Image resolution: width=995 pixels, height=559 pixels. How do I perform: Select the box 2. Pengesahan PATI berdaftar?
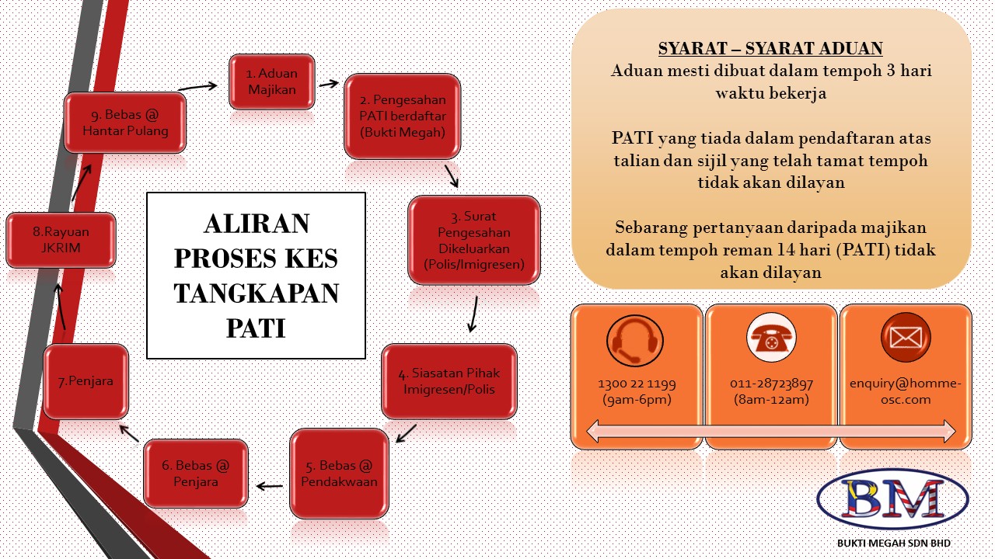coord(402,116)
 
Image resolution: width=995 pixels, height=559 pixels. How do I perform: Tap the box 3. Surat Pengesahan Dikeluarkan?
coord(474,240)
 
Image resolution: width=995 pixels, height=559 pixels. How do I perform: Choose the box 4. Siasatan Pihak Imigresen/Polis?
coord(449,381)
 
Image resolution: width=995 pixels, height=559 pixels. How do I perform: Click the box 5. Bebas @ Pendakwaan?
coord(339,474)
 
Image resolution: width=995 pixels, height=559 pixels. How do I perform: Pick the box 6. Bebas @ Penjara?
coord(196,474)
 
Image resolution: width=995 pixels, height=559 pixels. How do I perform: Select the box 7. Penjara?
coord(86,381)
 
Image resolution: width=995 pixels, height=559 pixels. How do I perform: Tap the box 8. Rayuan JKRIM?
coord(61,240)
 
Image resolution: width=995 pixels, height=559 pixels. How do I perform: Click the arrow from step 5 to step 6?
coord(269,487)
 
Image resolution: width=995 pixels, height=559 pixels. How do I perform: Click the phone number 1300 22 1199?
coord(636,384)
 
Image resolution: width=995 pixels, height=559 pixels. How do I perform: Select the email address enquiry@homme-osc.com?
coord(906,391)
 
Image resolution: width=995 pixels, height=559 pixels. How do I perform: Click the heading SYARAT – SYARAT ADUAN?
coord(770,49)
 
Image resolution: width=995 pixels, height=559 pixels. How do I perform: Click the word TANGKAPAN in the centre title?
coord(256,293)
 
